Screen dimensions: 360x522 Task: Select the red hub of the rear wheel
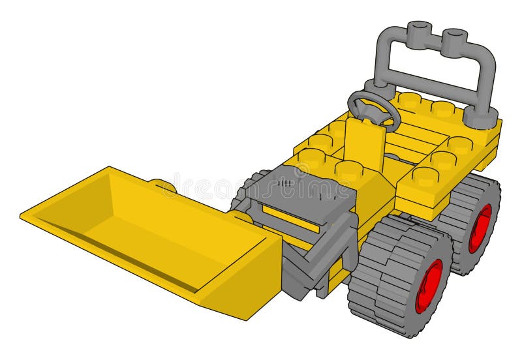pos(480,228)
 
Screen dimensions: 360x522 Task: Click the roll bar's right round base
pos(482,117)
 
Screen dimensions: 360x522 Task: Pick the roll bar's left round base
pos(378,88)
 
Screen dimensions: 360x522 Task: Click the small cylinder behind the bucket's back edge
pos(163,186)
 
